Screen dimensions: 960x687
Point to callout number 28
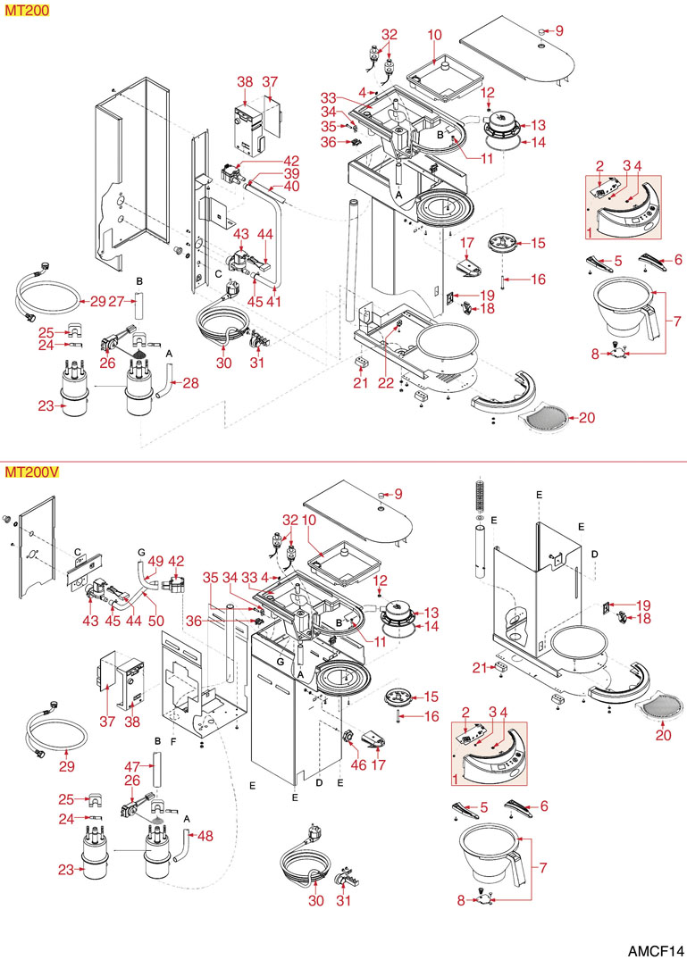[190, 383]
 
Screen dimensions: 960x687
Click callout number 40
[292, 186]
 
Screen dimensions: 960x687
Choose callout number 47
[134, 766]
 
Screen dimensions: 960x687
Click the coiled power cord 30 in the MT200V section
[304, 865]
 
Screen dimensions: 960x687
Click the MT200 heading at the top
[26, 11]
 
